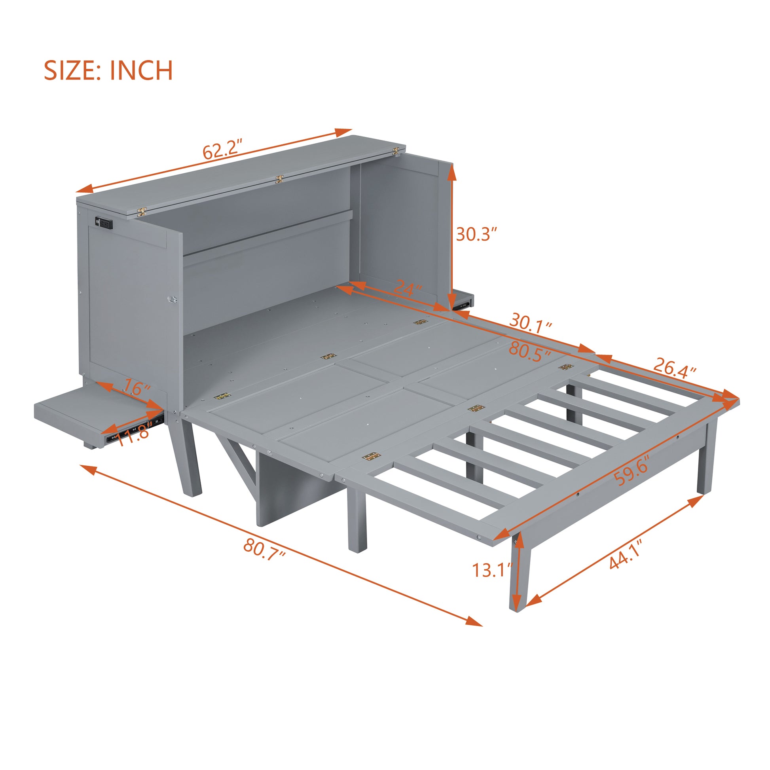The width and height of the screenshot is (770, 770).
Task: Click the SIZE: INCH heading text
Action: [108, 70]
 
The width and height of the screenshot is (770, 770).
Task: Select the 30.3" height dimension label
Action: [477, 234]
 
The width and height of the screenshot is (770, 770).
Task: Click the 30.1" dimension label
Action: [531, 321]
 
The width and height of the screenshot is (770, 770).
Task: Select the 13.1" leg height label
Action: [491, 570]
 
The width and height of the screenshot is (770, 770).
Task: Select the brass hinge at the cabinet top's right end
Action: [396, 151]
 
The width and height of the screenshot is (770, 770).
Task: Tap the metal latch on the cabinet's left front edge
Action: [173, 299]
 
